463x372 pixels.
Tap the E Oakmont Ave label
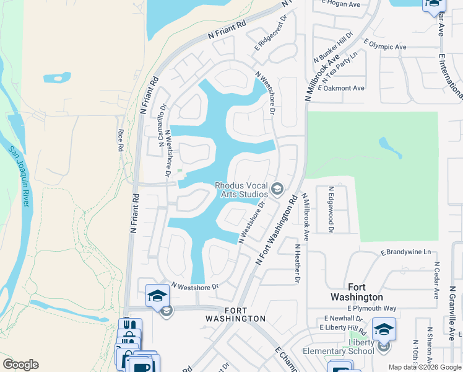341,88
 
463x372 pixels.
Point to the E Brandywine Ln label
405,252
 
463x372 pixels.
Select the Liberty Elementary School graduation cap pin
383,330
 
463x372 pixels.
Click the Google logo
20,365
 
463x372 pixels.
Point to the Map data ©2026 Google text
424,367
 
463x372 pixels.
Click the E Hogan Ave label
340,4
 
